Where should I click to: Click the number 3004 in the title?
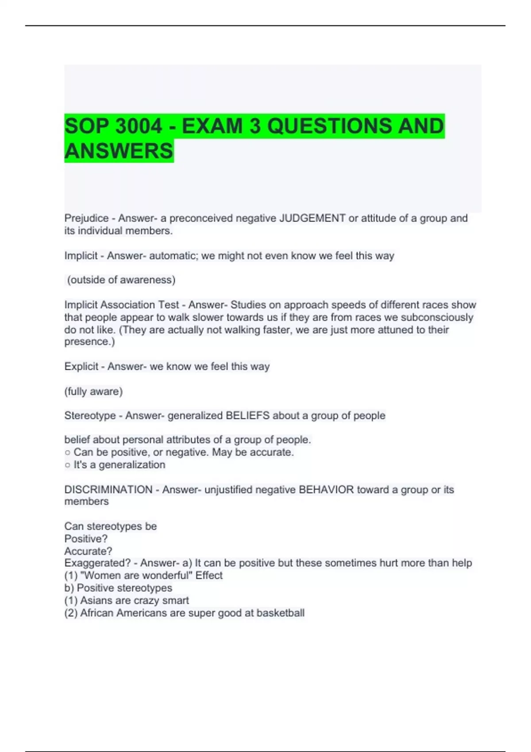[139, 126]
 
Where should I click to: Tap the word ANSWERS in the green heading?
[119, 151]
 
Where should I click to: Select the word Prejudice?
[86, 218]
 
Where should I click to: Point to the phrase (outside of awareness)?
[121, 280]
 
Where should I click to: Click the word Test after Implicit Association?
[170, 305]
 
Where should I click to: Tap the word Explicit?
[81, 366]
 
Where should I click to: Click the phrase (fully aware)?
[93, 391]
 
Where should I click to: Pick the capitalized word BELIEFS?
[247, 416]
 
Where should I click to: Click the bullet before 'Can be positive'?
[67, 453]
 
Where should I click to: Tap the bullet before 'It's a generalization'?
[67, 465]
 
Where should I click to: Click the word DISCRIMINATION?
[108, 490]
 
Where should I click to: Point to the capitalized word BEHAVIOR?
[326, 490]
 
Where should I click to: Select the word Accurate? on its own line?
[88, 551]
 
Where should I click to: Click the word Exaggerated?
[97, 563]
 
